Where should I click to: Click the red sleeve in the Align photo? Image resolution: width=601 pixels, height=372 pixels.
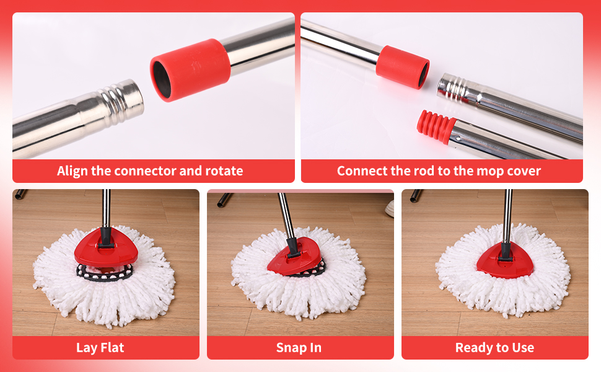[190, 70]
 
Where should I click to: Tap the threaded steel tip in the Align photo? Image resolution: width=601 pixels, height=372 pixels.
[122, 101]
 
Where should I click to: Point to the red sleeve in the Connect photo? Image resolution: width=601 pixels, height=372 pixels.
[403, 67]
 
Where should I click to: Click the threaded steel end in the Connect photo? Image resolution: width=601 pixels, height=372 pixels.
[452, 87]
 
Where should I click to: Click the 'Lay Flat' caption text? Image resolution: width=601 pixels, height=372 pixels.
[100, 347]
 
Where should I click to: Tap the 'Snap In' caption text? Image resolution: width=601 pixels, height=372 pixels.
[299, 347]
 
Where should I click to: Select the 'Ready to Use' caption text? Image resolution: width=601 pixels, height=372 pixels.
[494, 347]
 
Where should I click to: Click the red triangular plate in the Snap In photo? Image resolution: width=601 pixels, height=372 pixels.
[295, 256]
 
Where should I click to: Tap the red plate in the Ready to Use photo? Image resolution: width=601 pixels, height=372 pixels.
[505, 261]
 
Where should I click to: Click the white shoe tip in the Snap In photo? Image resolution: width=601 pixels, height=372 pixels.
[390, 208]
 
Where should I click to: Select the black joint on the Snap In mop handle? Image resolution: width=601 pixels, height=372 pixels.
[293, 248]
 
